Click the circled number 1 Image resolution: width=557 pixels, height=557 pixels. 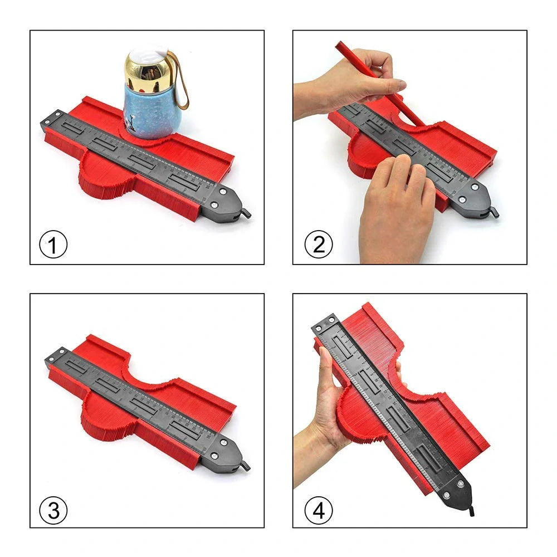click(x=53, y=245)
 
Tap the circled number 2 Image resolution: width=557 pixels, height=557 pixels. click(x=318, y=245)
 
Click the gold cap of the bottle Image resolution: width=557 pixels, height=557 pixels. click(x=145, y=65)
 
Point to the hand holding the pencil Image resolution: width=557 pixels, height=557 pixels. click(x=362, y=84)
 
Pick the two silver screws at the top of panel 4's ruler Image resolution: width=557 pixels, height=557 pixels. click(x=326, y=323)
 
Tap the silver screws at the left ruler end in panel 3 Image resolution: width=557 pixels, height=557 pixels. click(x=56, y=356)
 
